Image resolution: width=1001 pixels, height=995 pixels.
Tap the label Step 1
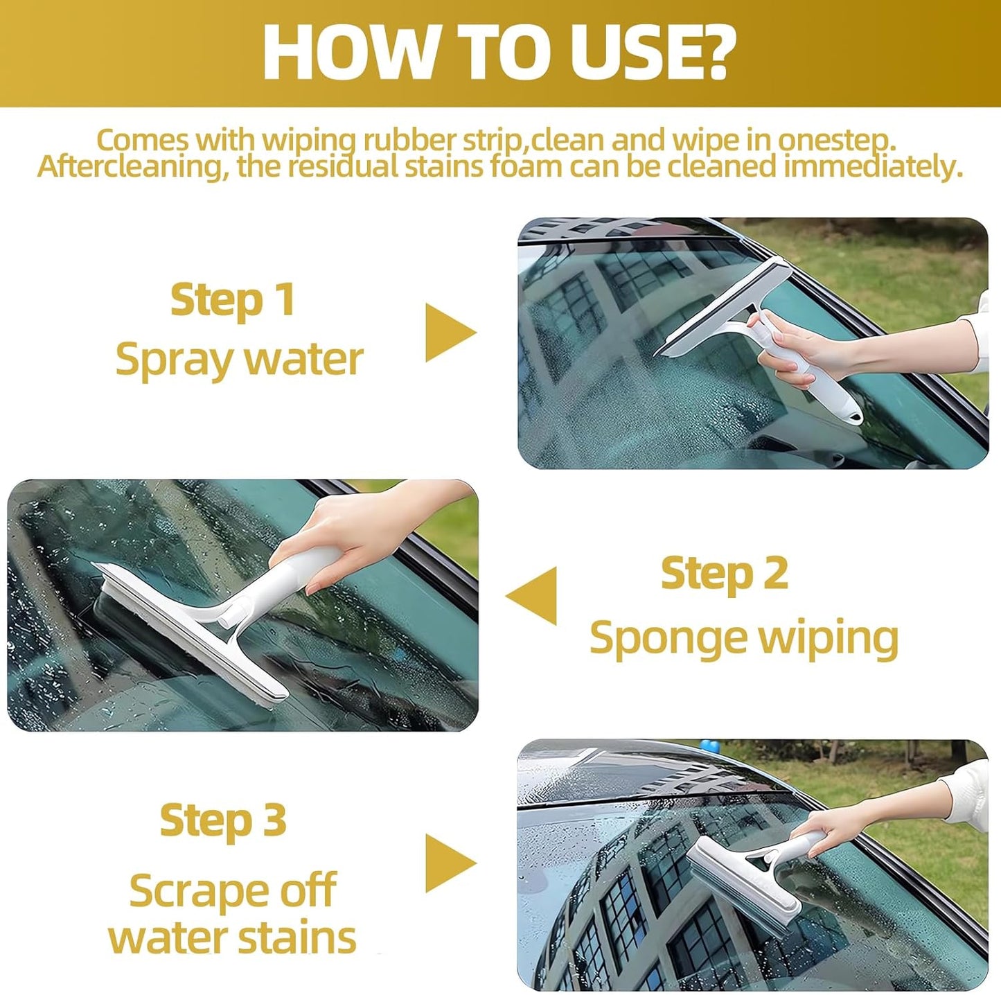point(233,300)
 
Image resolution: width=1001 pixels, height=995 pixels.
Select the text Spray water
point(239,360)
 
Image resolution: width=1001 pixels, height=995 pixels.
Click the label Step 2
point(724,574)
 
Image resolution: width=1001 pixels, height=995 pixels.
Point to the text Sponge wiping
point(743,637)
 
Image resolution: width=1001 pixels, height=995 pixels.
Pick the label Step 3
point(222,820)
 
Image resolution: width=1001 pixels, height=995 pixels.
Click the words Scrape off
point(233,890)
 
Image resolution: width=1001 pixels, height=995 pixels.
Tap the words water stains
point(233,937)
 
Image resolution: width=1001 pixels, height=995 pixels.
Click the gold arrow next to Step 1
point(448,333)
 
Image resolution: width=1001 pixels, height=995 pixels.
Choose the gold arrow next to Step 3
point(448,863)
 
